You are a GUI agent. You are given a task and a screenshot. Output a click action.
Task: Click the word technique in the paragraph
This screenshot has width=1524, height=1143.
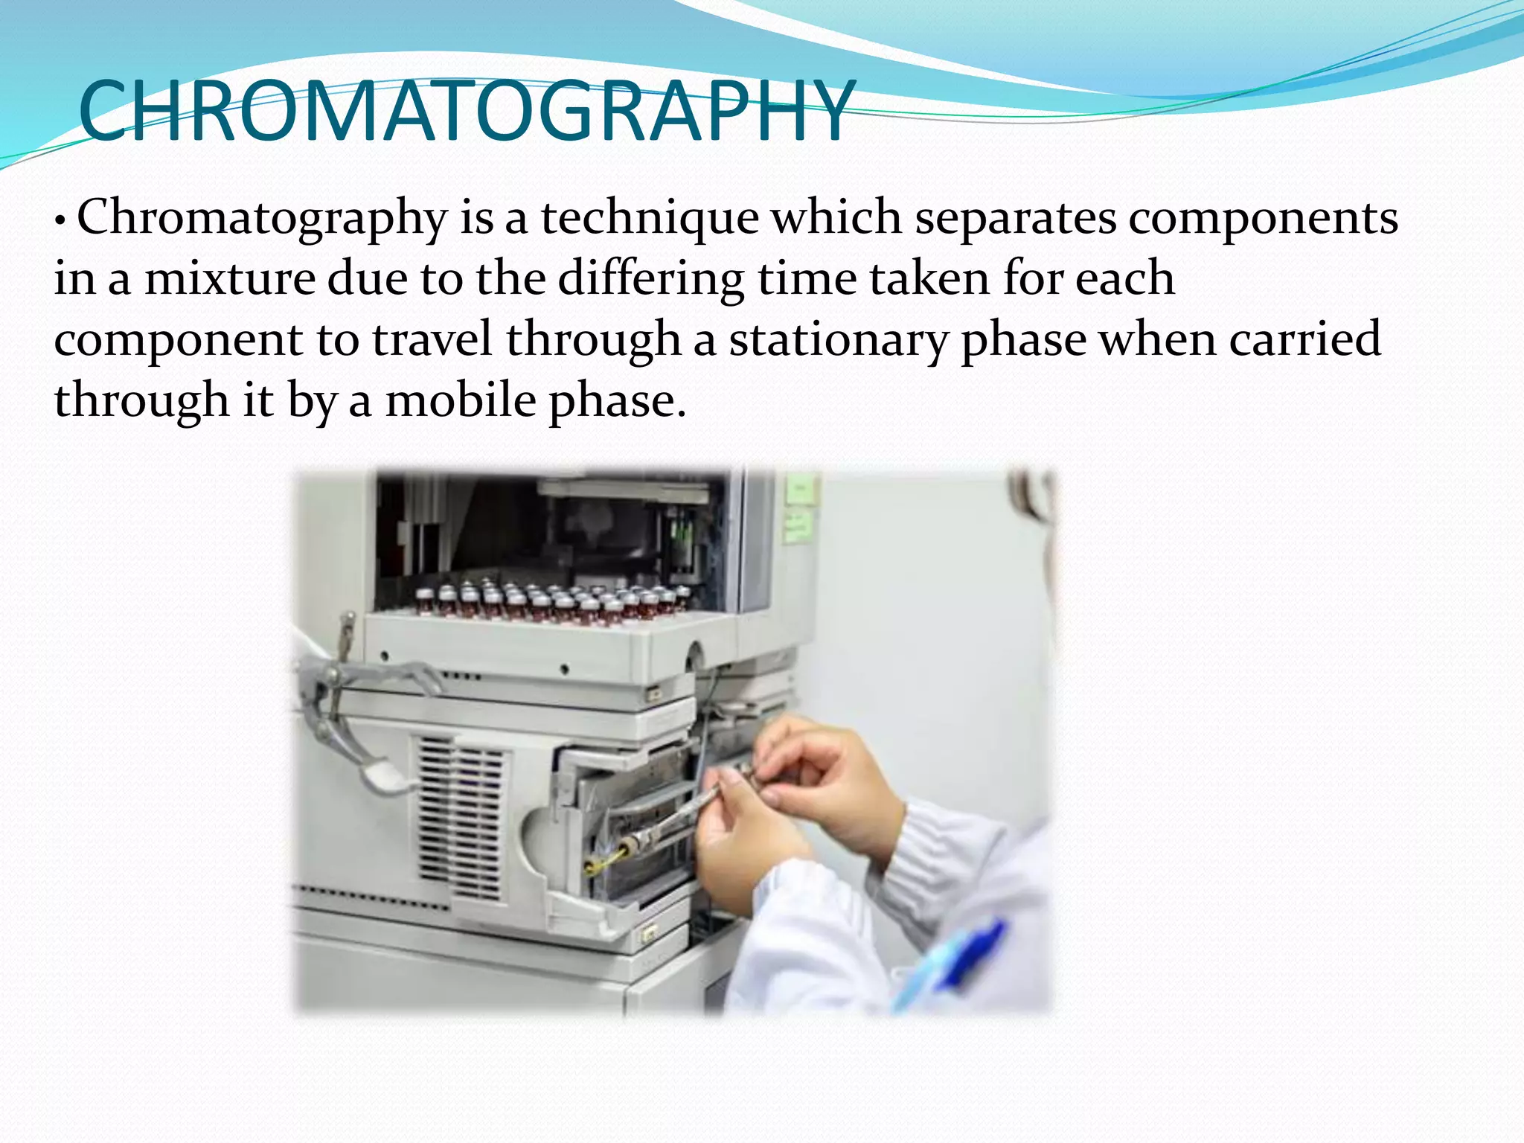649,218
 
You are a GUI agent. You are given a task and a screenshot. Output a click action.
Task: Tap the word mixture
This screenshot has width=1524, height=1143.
230,279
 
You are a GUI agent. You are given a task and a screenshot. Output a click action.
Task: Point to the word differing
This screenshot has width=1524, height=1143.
650,279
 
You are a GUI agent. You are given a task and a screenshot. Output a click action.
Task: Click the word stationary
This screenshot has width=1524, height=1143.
838,340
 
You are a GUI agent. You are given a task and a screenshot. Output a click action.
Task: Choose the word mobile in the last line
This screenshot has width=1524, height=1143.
461,401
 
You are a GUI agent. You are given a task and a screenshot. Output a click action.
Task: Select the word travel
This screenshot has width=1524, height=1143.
432,340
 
